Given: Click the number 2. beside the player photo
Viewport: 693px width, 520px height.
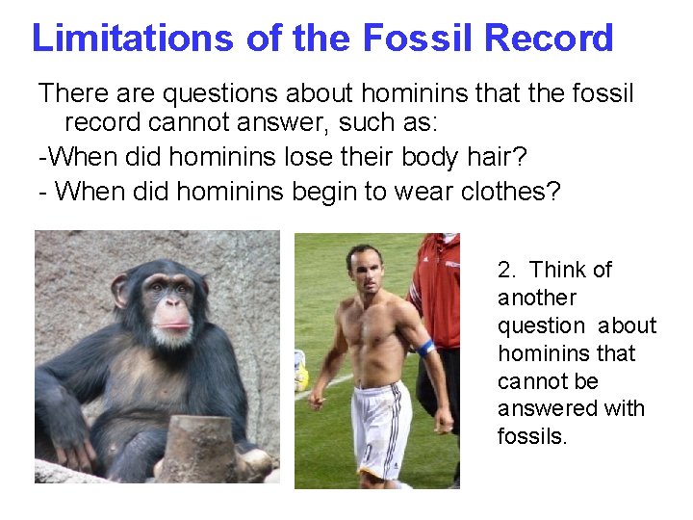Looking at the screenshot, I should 507,270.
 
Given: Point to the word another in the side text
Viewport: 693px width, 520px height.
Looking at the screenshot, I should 537,298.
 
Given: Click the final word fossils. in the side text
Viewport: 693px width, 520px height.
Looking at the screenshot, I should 532,436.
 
